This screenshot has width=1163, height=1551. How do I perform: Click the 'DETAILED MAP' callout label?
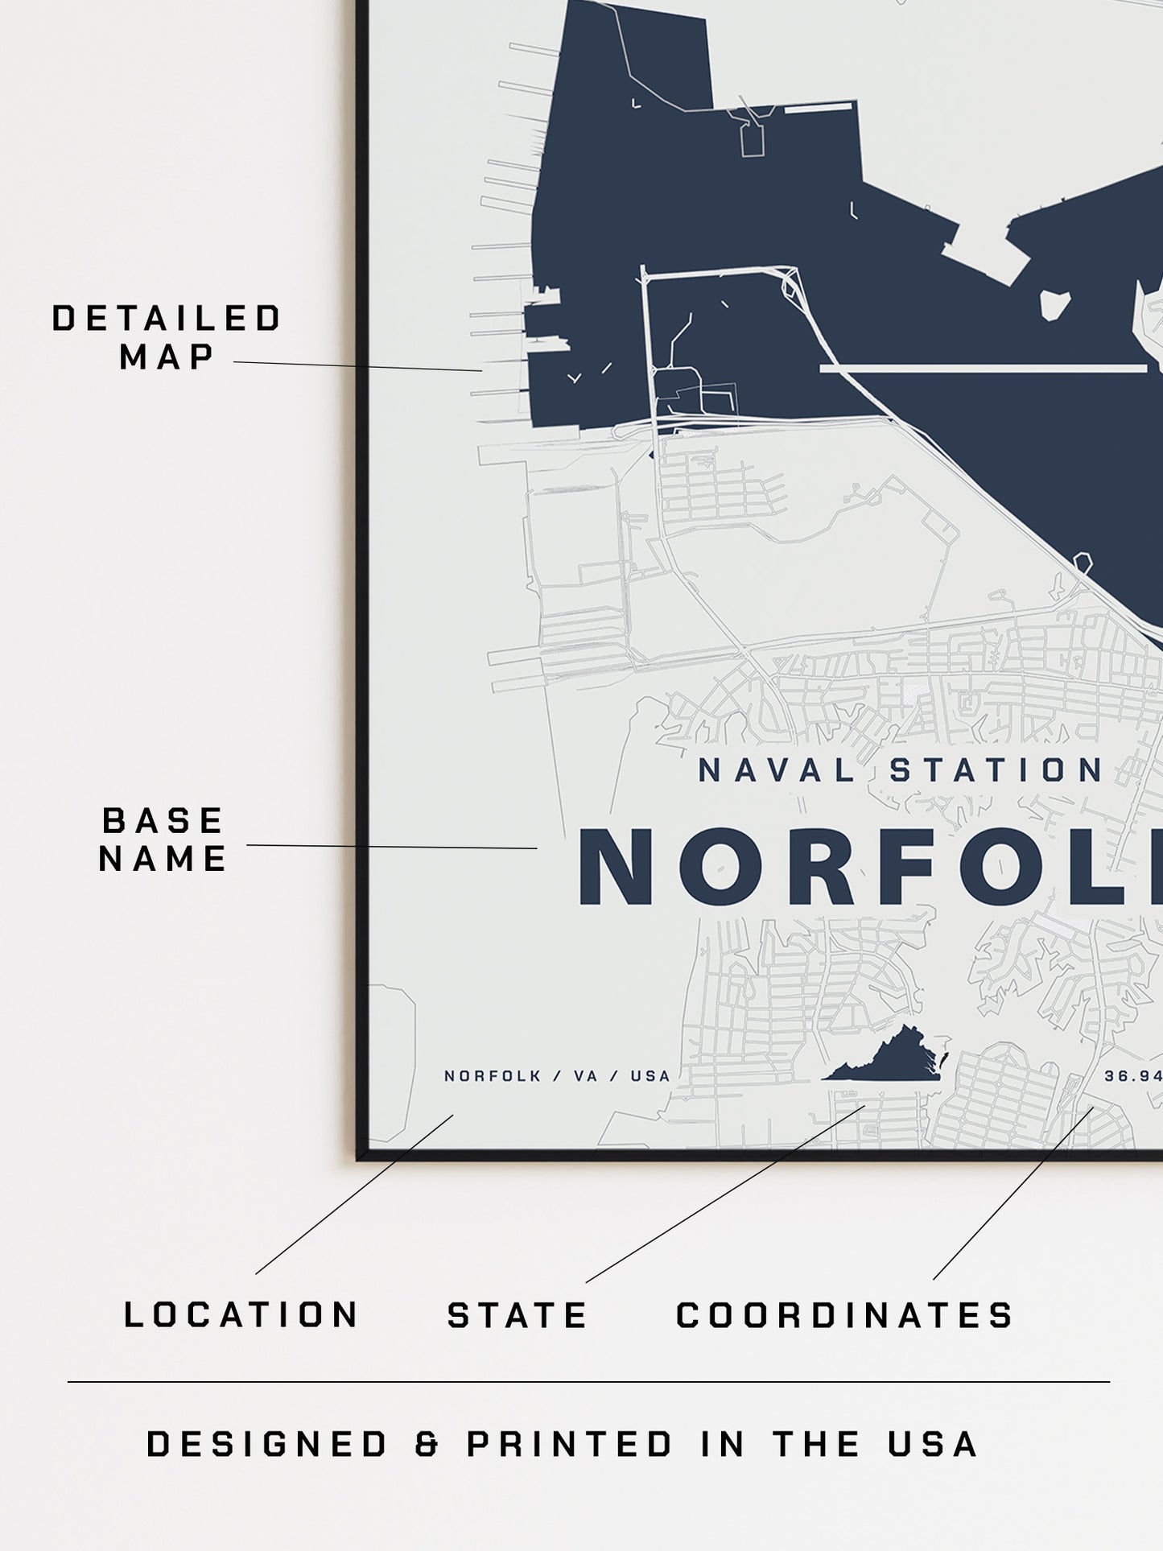coord(167,337)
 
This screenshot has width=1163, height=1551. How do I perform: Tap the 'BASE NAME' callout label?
coord(163,839)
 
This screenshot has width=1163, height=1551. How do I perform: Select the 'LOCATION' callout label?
coord(241,1315)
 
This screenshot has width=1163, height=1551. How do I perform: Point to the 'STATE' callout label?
coord(518,1316)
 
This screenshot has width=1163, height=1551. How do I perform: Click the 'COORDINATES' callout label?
coord(844,1315)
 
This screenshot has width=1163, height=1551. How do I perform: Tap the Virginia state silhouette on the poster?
coord(886,1054)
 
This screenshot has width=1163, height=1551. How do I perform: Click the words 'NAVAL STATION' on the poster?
coord(900,771)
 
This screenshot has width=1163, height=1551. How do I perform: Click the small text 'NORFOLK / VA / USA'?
coord(557,1076)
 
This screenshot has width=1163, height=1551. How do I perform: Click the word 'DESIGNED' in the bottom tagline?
coord(268,1444)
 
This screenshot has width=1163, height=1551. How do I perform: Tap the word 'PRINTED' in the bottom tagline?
coord(570,1444)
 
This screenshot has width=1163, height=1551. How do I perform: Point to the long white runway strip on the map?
coord(983,369)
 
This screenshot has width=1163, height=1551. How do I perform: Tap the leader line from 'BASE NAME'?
coord(391,846)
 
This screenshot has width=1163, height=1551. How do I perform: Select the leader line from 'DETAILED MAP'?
coord(357,366)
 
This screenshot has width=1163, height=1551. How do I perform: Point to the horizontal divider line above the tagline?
coord(588,1383)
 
